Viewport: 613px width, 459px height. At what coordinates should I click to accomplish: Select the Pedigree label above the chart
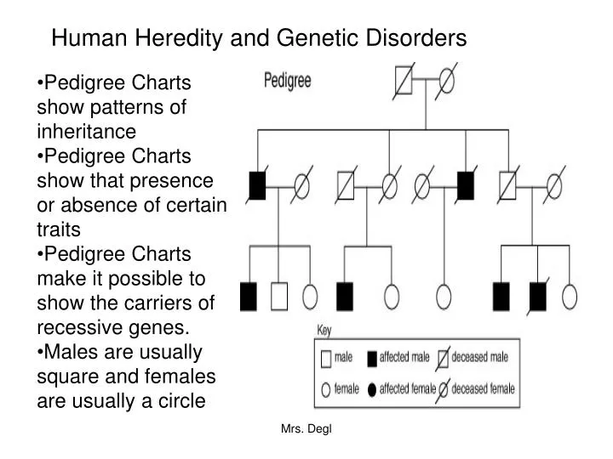pos(287,82)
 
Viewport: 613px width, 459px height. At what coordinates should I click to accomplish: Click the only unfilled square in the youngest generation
pos(279,296)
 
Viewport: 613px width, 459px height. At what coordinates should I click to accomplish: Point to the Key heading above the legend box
pos(324,330)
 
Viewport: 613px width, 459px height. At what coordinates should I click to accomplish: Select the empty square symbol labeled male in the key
pos(326,358)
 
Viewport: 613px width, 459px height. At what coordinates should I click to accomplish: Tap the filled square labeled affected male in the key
pos(372,358)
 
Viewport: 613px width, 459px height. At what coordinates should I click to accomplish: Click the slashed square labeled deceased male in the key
pos(442,358)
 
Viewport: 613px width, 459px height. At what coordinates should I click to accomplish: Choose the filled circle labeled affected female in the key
pos(372,390)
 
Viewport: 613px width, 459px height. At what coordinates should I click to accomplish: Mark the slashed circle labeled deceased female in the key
pos(442,390)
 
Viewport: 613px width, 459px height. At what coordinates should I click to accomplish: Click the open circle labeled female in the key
pos(326,390)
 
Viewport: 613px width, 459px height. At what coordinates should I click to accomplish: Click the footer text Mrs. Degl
pos(306,430)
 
